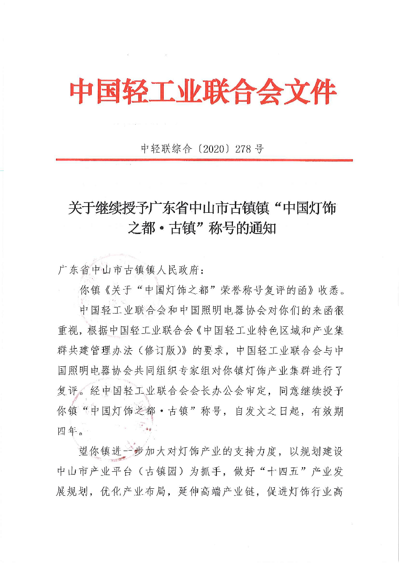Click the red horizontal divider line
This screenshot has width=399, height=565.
pos(204,160)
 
